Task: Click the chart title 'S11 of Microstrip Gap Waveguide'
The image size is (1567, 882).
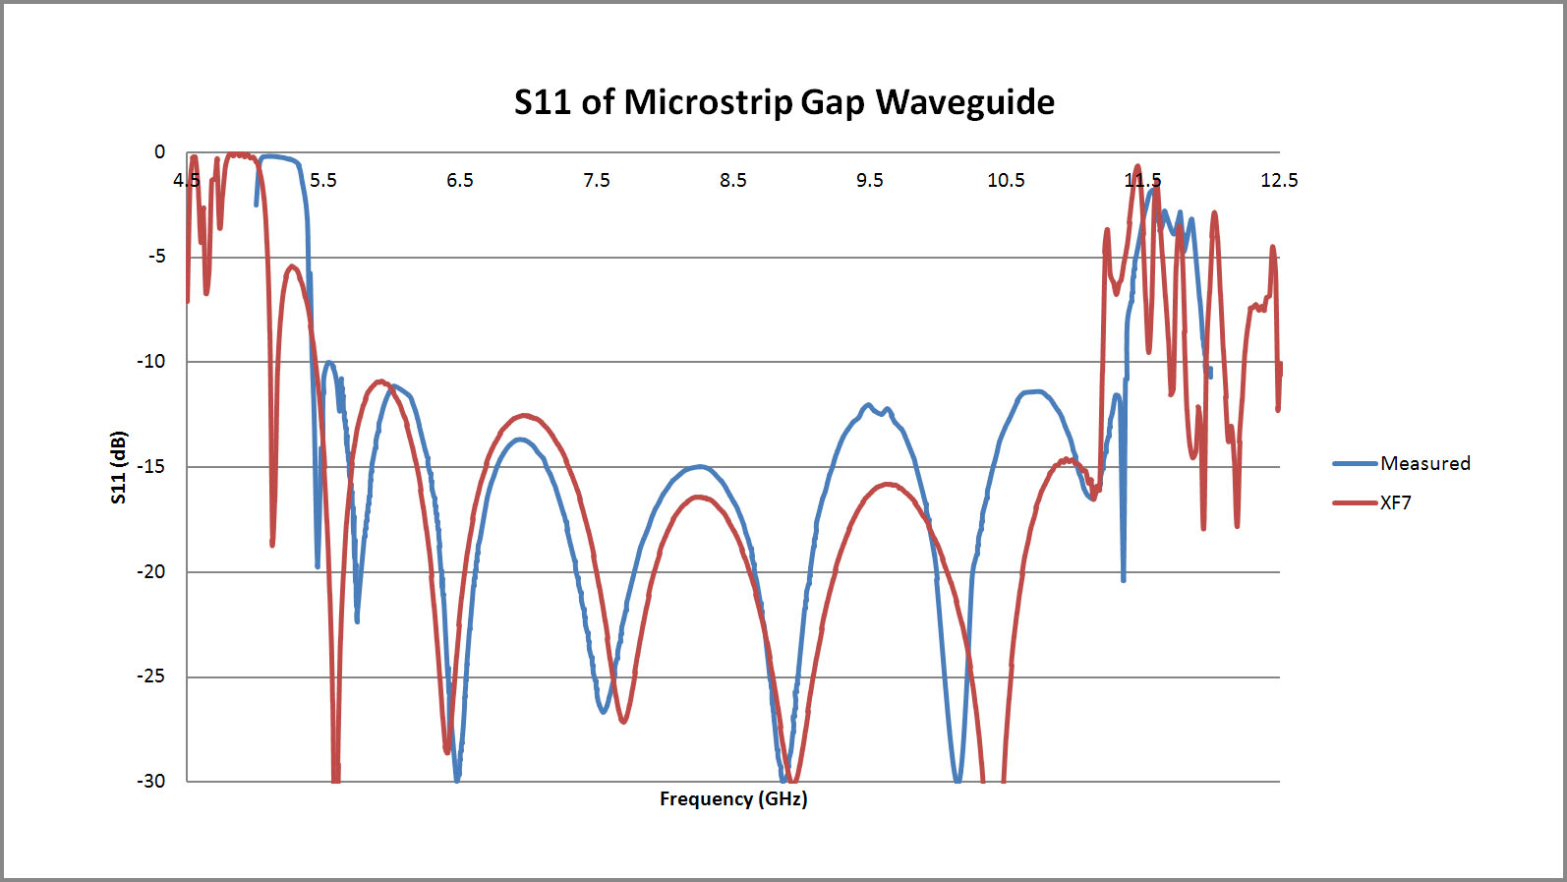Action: click(783, 102)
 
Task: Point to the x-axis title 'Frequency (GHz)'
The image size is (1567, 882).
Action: click(733, 798)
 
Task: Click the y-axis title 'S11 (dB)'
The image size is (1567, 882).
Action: click(119, 467)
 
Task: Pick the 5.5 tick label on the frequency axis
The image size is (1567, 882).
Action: click(322, 180)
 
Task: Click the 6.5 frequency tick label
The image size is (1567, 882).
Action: click(459, 180)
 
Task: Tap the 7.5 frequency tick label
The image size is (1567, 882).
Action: click(596, 180)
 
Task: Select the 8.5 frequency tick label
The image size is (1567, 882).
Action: click(732, 180)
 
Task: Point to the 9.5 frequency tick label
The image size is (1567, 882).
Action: click(869, 180)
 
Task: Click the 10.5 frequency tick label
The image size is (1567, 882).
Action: click(1006, 180)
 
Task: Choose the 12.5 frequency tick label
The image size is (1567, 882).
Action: click(1279, 180)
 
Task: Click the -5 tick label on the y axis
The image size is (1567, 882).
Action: click(157, 257)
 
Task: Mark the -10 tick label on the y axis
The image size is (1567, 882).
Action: click(152, 361)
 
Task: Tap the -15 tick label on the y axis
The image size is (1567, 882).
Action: click(152, 466)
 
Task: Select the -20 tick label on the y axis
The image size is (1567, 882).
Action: click(152, 571)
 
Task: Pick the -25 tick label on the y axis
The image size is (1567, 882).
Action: click(152, 676)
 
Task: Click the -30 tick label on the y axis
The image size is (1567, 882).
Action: click(152, 781)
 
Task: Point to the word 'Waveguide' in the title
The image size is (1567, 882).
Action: click(964, 102)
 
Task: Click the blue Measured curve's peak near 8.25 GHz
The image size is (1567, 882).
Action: click(698, 466)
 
